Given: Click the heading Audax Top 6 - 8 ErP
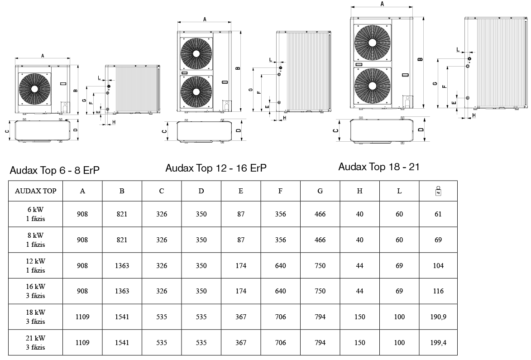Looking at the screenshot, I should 54,171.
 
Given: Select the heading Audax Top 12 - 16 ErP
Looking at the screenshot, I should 216,168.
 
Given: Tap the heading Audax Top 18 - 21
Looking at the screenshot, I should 379,167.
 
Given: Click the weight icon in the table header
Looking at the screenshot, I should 438,191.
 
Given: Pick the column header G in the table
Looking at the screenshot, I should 320,191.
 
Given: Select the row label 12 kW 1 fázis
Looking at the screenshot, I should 35,266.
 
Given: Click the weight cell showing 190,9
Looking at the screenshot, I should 438,317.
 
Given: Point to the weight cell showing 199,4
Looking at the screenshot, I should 438,343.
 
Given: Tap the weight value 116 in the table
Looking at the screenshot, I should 438,291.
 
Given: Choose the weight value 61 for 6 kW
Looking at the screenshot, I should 438,214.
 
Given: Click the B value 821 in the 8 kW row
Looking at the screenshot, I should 122,240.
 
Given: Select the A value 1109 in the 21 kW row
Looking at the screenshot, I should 82,343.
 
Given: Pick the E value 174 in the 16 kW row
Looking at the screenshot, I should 241,291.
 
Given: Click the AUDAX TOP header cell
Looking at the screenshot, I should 35,191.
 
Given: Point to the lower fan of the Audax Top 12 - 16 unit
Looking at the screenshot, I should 196,91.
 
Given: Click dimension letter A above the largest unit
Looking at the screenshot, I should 383,4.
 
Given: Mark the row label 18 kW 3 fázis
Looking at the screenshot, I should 35,317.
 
